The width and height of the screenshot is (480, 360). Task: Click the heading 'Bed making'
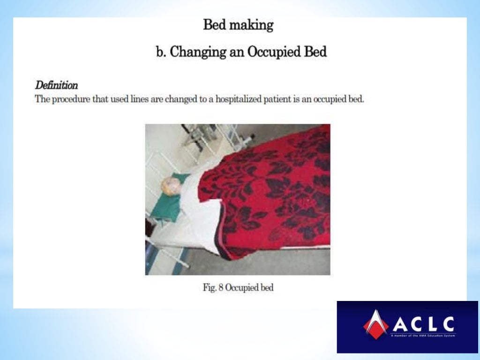pos(238,25)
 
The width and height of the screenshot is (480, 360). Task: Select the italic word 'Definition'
pos(56,86)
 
